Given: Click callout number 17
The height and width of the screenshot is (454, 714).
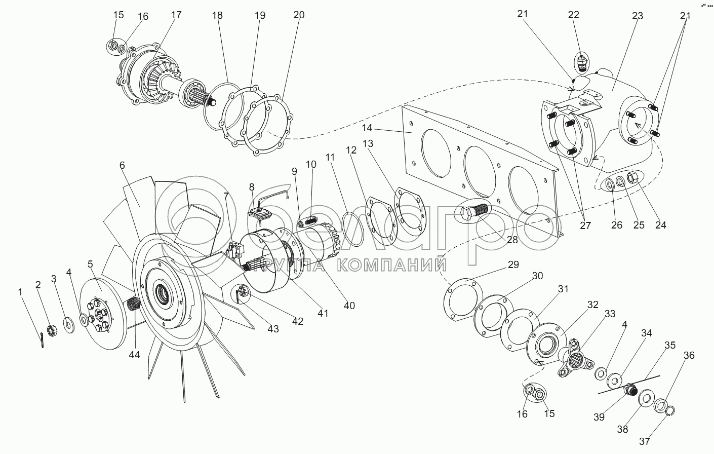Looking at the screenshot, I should tap(176, 15).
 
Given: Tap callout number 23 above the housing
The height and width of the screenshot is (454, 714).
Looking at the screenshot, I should tap(637, 16).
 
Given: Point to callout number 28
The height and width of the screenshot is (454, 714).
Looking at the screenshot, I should tap(512, 240).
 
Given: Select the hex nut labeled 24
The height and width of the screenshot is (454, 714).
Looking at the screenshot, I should tap(632, 178).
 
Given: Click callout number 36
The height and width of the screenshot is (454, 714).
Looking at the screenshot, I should tap(689, 356).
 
